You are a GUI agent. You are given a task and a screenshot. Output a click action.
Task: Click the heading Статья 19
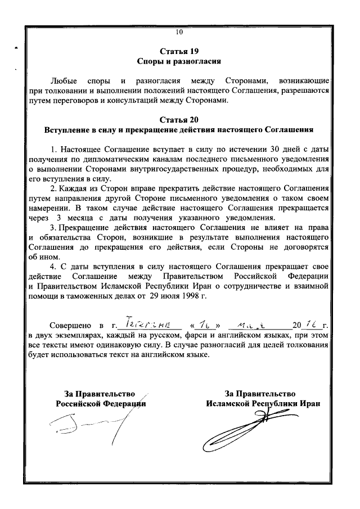(x=179, y=50)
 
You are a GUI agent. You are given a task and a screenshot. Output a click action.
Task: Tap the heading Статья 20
(x=179, y=120)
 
